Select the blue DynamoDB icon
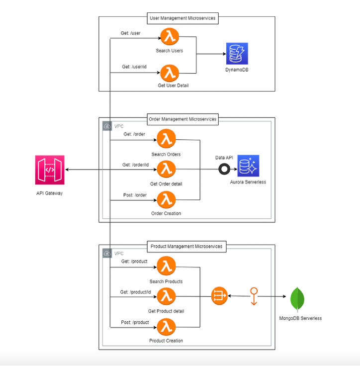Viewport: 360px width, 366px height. [237, 54]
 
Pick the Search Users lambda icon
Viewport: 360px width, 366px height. [169, 37]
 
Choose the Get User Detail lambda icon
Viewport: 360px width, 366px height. [169, 73]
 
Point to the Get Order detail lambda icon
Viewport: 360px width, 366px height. [166, 170]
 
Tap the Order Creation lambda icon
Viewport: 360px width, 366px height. [166, 199]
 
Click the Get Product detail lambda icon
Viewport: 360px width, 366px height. [166, 297]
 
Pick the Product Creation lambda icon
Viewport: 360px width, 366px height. [166, 327]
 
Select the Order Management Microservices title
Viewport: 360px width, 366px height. [183, 119]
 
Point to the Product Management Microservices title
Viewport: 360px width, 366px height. [186, 246]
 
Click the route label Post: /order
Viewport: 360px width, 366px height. [134, 195]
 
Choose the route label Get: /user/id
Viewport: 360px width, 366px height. [134, 67]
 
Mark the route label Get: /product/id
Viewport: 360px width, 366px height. [135, 292]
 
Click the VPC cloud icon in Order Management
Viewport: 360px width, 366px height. [106, 126]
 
